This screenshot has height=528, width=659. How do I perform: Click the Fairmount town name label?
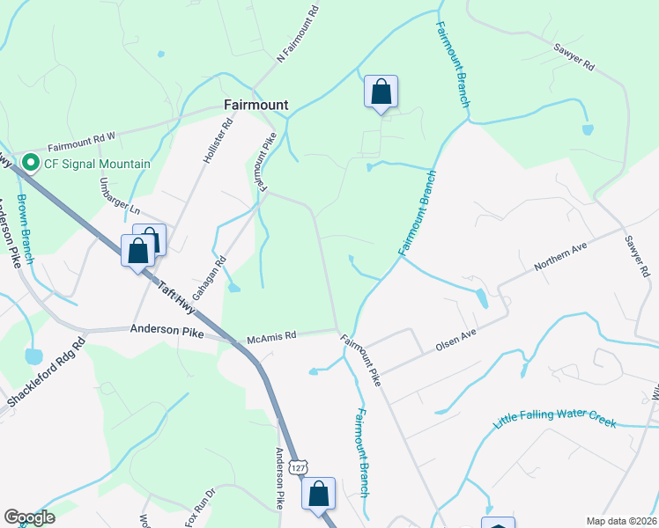255,105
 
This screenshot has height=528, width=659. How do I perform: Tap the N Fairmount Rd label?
297,34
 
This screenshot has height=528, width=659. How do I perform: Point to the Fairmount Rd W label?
82,142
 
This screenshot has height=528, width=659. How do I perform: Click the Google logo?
29,517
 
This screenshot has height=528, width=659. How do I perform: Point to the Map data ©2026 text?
621,521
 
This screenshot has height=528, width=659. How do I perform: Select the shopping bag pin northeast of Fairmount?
381,92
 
